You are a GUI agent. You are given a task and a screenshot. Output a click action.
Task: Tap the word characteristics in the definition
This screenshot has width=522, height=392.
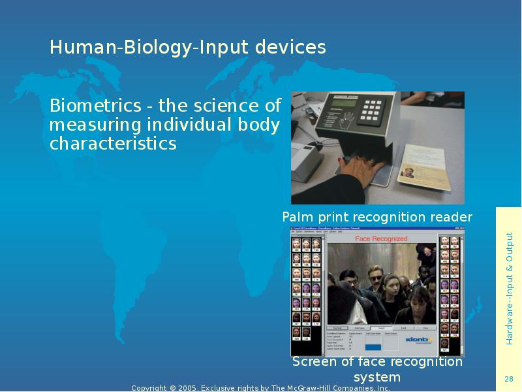click(113, 144)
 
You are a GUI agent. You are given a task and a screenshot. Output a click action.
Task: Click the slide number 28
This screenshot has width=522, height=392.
click(509, 380)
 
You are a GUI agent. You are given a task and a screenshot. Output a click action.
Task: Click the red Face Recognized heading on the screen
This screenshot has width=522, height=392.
click(380, 239)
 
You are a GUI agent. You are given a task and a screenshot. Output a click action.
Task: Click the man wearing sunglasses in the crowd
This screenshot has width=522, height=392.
click(376, 278)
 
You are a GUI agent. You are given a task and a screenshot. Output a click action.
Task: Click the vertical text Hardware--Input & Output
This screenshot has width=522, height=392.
click(510, 288)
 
